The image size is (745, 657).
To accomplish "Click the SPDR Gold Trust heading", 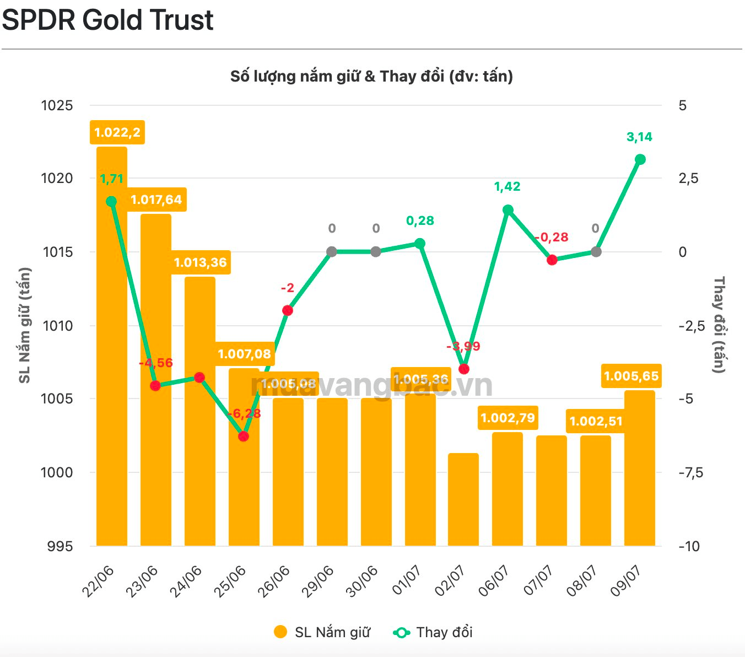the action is [107, 20].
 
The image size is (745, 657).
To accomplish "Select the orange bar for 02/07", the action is [463, 499].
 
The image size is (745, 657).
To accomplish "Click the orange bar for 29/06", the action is [332, 472].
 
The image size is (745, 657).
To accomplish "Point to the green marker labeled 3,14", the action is [640, 159].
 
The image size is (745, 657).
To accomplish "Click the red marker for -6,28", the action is [244, 437].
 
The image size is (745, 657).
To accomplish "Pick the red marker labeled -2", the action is [288, 310].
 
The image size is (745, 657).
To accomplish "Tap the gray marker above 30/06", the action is [375, 252].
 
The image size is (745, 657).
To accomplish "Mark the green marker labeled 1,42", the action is [508, 209].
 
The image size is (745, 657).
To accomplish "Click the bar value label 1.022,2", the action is [117, 132].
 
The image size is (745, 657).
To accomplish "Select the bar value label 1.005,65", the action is [631, 376].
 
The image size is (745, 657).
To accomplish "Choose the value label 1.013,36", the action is [201, 262].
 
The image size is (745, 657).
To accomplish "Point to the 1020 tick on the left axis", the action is [57, 179].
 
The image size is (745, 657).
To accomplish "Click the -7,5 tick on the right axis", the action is [690, 472].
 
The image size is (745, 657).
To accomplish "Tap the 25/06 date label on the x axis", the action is [230, 581].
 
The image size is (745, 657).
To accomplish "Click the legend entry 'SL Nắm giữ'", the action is [322, 632].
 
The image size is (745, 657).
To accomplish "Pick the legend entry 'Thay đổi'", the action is [433, 632].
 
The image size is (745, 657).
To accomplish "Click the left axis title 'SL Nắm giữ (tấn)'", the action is [25, 325].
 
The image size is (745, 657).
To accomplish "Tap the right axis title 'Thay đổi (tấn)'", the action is [719, 325].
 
